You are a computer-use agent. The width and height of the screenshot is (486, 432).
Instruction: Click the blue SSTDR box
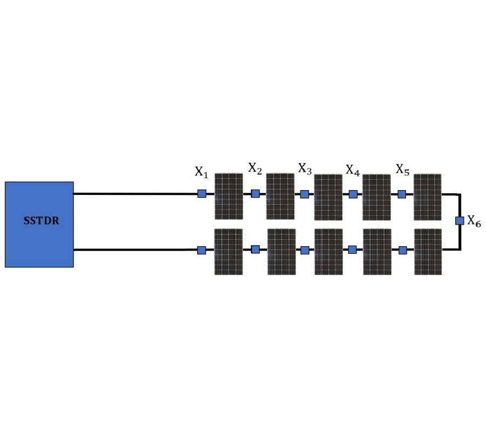39,238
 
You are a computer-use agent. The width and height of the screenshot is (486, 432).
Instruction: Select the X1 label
201,172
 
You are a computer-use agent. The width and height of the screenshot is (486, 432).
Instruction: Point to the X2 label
255,168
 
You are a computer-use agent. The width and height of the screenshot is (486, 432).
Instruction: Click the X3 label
305,169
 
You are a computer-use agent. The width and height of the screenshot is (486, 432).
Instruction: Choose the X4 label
353,171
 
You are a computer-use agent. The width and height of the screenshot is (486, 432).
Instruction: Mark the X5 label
402,170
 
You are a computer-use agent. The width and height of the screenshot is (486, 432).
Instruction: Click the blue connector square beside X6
460,220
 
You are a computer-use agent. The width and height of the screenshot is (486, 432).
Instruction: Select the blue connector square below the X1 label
201,193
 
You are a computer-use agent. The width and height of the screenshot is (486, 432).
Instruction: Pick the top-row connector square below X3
305,194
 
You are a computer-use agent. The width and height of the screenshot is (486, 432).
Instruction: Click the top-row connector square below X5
402,194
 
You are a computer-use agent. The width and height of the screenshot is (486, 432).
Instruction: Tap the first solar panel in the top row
228,196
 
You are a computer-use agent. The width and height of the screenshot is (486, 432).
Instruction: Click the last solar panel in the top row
427,196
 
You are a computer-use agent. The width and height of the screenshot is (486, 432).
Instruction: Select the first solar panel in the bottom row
228,252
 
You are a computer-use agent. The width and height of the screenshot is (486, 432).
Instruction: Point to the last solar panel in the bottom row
428,252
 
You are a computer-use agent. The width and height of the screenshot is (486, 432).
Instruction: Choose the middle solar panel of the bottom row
328,252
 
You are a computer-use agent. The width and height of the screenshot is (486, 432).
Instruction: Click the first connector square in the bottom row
201,250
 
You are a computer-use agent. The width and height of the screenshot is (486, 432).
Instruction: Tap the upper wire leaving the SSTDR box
135,193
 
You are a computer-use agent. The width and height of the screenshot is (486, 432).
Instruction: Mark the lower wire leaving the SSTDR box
135,249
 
